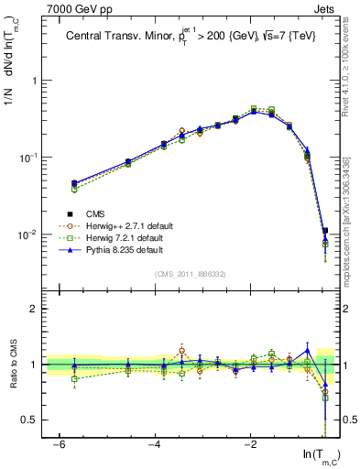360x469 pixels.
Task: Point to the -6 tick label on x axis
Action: tap(59, 444)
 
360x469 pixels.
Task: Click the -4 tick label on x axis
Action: tap(155, 444)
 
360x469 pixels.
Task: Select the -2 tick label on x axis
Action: tap(251, 444)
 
